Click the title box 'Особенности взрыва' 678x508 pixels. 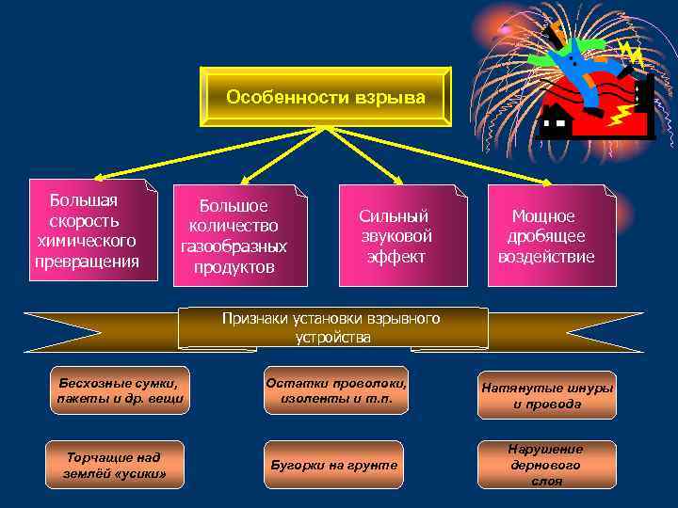pyautogui.click(x=325, y=98)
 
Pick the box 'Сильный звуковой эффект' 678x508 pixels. pyautogui.click(x=395, y=236)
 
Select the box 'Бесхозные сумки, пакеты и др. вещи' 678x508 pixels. pyautogui.click(x=118, y=390)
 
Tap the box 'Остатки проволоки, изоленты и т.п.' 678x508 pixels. pyautogui.click(x=336, y=390)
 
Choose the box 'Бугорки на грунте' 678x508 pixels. pyautogui.click(x=333, y=465)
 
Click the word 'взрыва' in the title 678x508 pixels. pyautogui.click(x=389, y=98)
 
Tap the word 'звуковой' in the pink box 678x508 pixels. pyautogui.click(x=395, y=236)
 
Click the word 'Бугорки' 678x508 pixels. pyautogui.click(x=298, y=465)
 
